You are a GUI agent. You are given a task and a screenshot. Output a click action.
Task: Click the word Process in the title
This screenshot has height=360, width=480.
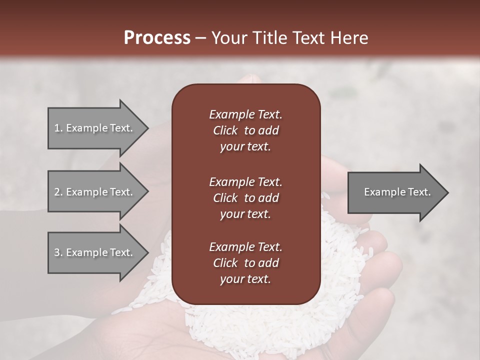[157, 38]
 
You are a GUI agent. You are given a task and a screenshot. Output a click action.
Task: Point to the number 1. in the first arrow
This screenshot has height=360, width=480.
[58, 128]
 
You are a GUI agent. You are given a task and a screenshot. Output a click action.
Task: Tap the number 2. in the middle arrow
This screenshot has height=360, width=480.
[58, 192]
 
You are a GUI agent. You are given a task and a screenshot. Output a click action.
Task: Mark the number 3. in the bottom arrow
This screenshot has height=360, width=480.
[58, 252]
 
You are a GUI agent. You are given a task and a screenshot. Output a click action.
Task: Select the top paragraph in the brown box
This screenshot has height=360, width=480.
[245, 130]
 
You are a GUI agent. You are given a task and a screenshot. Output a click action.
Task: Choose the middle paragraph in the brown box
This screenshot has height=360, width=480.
[245, 197]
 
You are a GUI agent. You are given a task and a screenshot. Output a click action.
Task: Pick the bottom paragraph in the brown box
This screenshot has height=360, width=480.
[245, 263]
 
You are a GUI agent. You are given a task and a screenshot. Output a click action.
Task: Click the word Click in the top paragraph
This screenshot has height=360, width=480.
[225, 130]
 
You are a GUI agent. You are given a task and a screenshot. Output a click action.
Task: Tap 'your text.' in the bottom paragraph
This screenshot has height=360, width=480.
[245, 279]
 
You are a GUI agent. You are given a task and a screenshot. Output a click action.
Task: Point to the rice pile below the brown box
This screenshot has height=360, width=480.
[250, 325]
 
